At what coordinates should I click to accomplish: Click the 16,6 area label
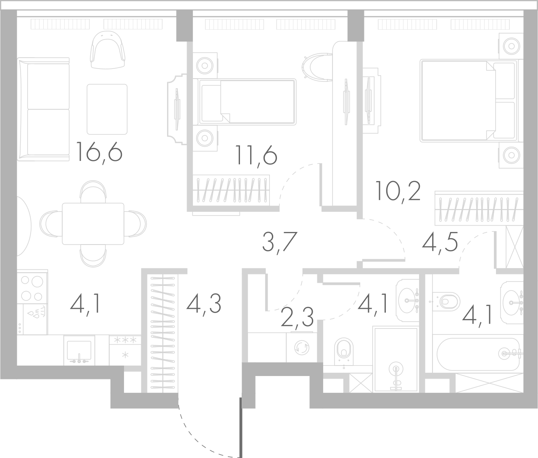[99, 152]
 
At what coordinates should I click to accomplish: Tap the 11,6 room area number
[256, 157]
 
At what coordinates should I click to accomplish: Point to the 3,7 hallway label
[280, 242]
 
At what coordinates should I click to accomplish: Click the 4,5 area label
[440, 242]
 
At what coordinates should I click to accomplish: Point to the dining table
[93, 224]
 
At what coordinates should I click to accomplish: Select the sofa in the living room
[43, 109]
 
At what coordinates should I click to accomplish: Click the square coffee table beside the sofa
[107, 109]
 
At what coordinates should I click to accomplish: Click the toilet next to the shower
[345, 351]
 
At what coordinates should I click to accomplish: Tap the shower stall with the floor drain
[395, 360]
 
